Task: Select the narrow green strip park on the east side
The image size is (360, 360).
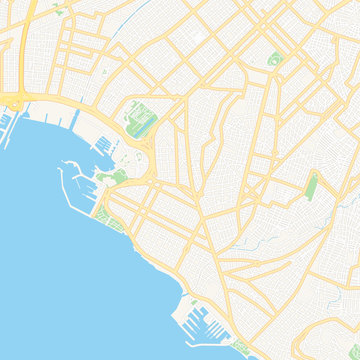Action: click(312, 186)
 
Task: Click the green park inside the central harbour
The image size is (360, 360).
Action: click(119, 176)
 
